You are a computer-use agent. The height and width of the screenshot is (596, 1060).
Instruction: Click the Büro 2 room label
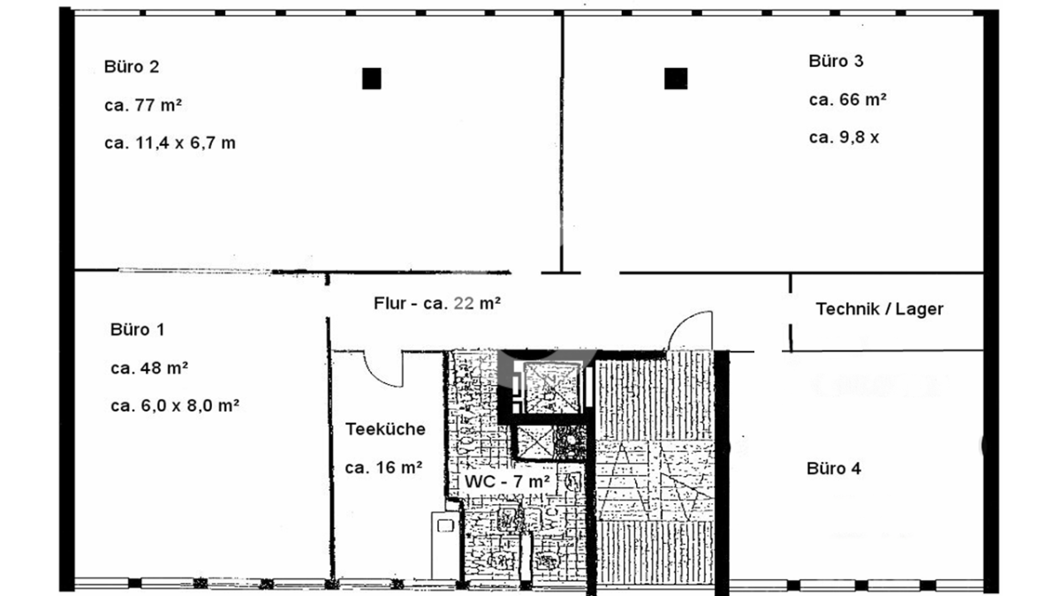[132, 67]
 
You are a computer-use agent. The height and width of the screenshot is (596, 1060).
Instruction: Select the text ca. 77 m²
[143, 105]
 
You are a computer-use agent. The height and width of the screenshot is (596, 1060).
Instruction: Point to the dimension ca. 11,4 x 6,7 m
[170, 143]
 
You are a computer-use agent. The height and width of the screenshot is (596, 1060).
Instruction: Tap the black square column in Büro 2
[372, 79]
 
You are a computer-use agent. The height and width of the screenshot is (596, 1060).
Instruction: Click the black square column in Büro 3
[676, 79]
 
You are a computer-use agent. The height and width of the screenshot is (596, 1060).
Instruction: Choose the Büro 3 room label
[836, 61]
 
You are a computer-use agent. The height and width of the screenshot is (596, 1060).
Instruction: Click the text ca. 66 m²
[847, 100]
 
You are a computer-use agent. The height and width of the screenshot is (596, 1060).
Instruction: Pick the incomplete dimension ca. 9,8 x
[844, 138]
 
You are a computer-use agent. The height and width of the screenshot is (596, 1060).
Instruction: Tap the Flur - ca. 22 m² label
[436, 303]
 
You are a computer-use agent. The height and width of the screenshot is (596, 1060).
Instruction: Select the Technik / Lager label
[880, 309]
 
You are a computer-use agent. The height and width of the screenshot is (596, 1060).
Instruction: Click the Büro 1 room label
[137, 329]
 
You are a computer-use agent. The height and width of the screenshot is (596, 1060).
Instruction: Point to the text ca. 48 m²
[149, 368]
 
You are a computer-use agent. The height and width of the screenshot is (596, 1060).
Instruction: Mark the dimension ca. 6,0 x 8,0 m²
[175, 406]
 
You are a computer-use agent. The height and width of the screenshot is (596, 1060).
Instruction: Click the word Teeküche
[385, 429]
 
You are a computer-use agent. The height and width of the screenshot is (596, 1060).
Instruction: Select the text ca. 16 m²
[383, 468]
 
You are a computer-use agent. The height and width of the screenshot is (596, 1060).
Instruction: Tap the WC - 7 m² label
[507, 481]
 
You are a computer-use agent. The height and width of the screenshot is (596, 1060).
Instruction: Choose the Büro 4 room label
[834, 469]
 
